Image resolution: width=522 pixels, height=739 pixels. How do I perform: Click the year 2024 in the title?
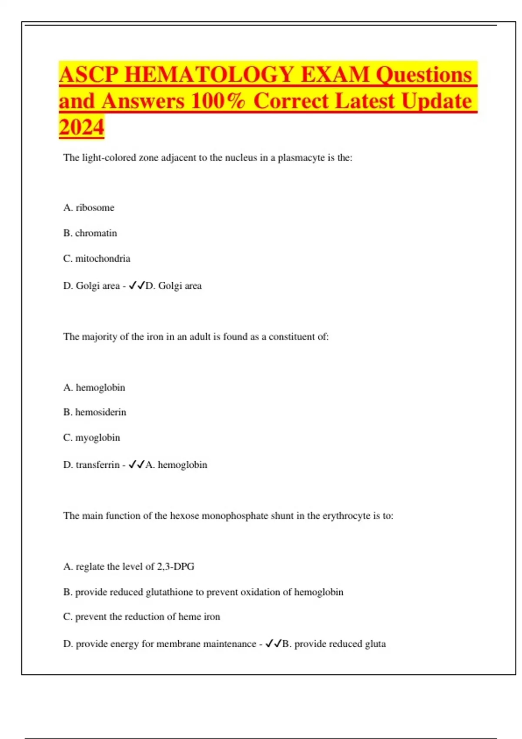coord(81,127)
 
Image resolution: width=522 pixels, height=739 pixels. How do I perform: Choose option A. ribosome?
coord(89,208)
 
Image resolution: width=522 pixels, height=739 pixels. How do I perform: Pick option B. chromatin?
coord(90,233)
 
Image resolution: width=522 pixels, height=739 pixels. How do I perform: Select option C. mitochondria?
coord(97,259)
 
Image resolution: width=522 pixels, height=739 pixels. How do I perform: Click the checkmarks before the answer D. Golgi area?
coord(137,286)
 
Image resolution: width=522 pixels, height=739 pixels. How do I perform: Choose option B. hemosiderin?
coord(94,412)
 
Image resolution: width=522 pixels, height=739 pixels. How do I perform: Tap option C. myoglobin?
coord(91,438)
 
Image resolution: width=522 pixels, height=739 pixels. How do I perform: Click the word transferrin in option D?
coord(97,465)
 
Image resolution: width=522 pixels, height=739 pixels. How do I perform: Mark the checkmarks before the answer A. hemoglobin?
coord(137,465)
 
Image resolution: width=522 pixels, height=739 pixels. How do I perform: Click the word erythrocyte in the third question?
coord(346,516)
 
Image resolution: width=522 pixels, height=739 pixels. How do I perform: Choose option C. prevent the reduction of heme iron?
coord(141,617)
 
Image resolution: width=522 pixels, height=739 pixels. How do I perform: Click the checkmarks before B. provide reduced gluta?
coord(273,644)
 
